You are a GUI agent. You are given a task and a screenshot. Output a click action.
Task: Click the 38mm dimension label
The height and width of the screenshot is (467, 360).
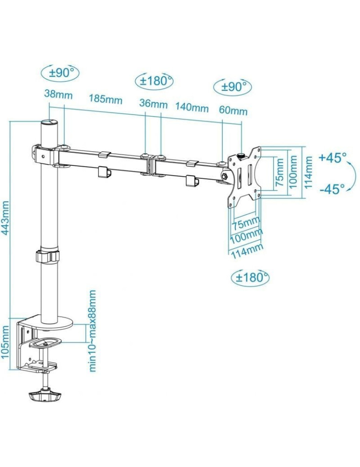[x=58, y=94]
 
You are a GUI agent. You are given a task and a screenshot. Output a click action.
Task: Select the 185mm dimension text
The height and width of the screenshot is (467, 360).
[x=106, y=99]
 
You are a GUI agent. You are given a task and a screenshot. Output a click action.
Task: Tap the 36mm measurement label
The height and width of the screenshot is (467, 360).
[x=153, y=103]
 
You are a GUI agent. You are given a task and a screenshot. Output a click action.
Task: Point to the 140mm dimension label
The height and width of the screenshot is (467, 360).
[x=191, y=107]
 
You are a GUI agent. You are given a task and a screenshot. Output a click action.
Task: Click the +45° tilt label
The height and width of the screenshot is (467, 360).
[x=333, y=158]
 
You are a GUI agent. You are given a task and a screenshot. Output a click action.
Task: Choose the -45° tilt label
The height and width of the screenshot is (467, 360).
[x=332, y=189]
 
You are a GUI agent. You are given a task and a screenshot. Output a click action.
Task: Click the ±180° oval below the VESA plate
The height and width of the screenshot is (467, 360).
[x=250, y=278]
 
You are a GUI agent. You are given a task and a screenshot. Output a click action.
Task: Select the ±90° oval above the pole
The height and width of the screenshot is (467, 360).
[x=60, y=72]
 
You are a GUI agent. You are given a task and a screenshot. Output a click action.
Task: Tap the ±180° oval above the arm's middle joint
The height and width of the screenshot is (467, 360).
[x=154, y=80]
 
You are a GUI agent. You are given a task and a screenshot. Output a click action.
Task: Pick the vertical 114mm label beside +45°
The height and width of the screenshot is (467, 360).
[x=309, y=172]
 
